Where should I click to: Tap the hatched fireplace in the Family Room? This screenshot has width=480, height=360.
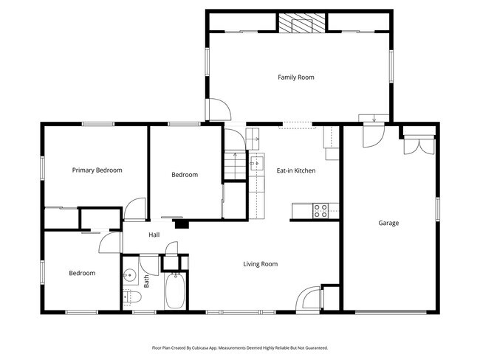click(302, 24)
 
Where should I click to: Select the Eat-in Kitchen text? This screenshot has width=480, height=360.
click(295, 170)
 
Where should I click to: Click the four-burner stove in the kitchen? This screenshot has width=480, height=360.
click(321, 210)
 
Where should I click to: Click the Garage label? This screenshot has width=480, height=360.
click(388, 223)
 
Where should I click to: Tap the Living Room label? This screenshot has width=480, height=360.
click(261, 263)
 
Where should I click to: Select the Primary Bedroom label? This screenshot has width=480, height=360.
click(97, 170)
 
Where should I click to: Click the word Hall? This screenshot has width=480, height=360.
click(154, 235)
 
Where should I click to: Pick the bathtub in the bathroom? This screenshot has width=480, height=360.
click(175, 291)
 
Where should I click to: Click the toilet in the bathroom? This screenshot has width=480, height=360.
click(131, 297)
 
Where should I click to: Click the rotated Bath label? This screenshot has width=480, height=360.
click(146, 281)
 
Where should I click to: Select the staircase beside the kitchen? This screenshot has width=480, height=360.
click(233, 164)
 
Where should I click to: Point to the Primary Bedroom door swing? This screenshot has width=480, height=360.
click(135, 210)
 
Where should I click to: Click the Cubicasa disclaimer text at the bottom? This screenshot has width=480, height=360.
click(239, 347)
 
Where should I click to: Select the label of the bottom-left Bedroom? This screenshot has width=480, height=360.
click(82, 273)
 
